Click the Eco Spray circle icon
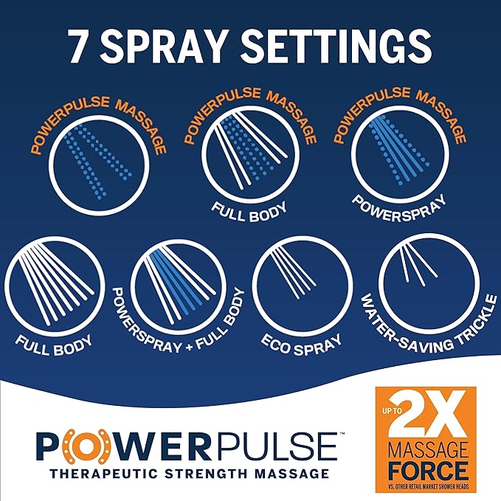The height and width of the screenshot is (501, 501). [x=303, y=286]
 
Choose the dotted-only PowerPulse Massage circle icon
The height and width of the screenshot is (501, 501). [x=99, y=166]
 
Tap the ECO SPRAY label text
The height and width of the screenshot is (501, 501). [x=301, y=345]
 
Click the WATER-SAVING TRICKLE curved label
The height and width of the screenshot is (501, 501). [x=429, y=326]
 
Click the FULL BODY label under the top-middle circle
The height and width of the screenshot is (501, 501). [x=250, y=212]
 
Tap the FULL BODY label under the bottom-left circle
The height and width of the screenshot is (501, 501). [x=55, y=345]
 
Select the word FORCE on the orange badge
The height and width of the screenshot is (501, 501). [x=427, y=471]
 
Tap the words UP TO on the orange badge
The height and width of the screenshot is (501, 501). [x=392, y=410]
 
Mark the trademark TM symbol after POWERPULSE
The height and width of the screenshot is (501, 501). [x=342, y=434]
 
